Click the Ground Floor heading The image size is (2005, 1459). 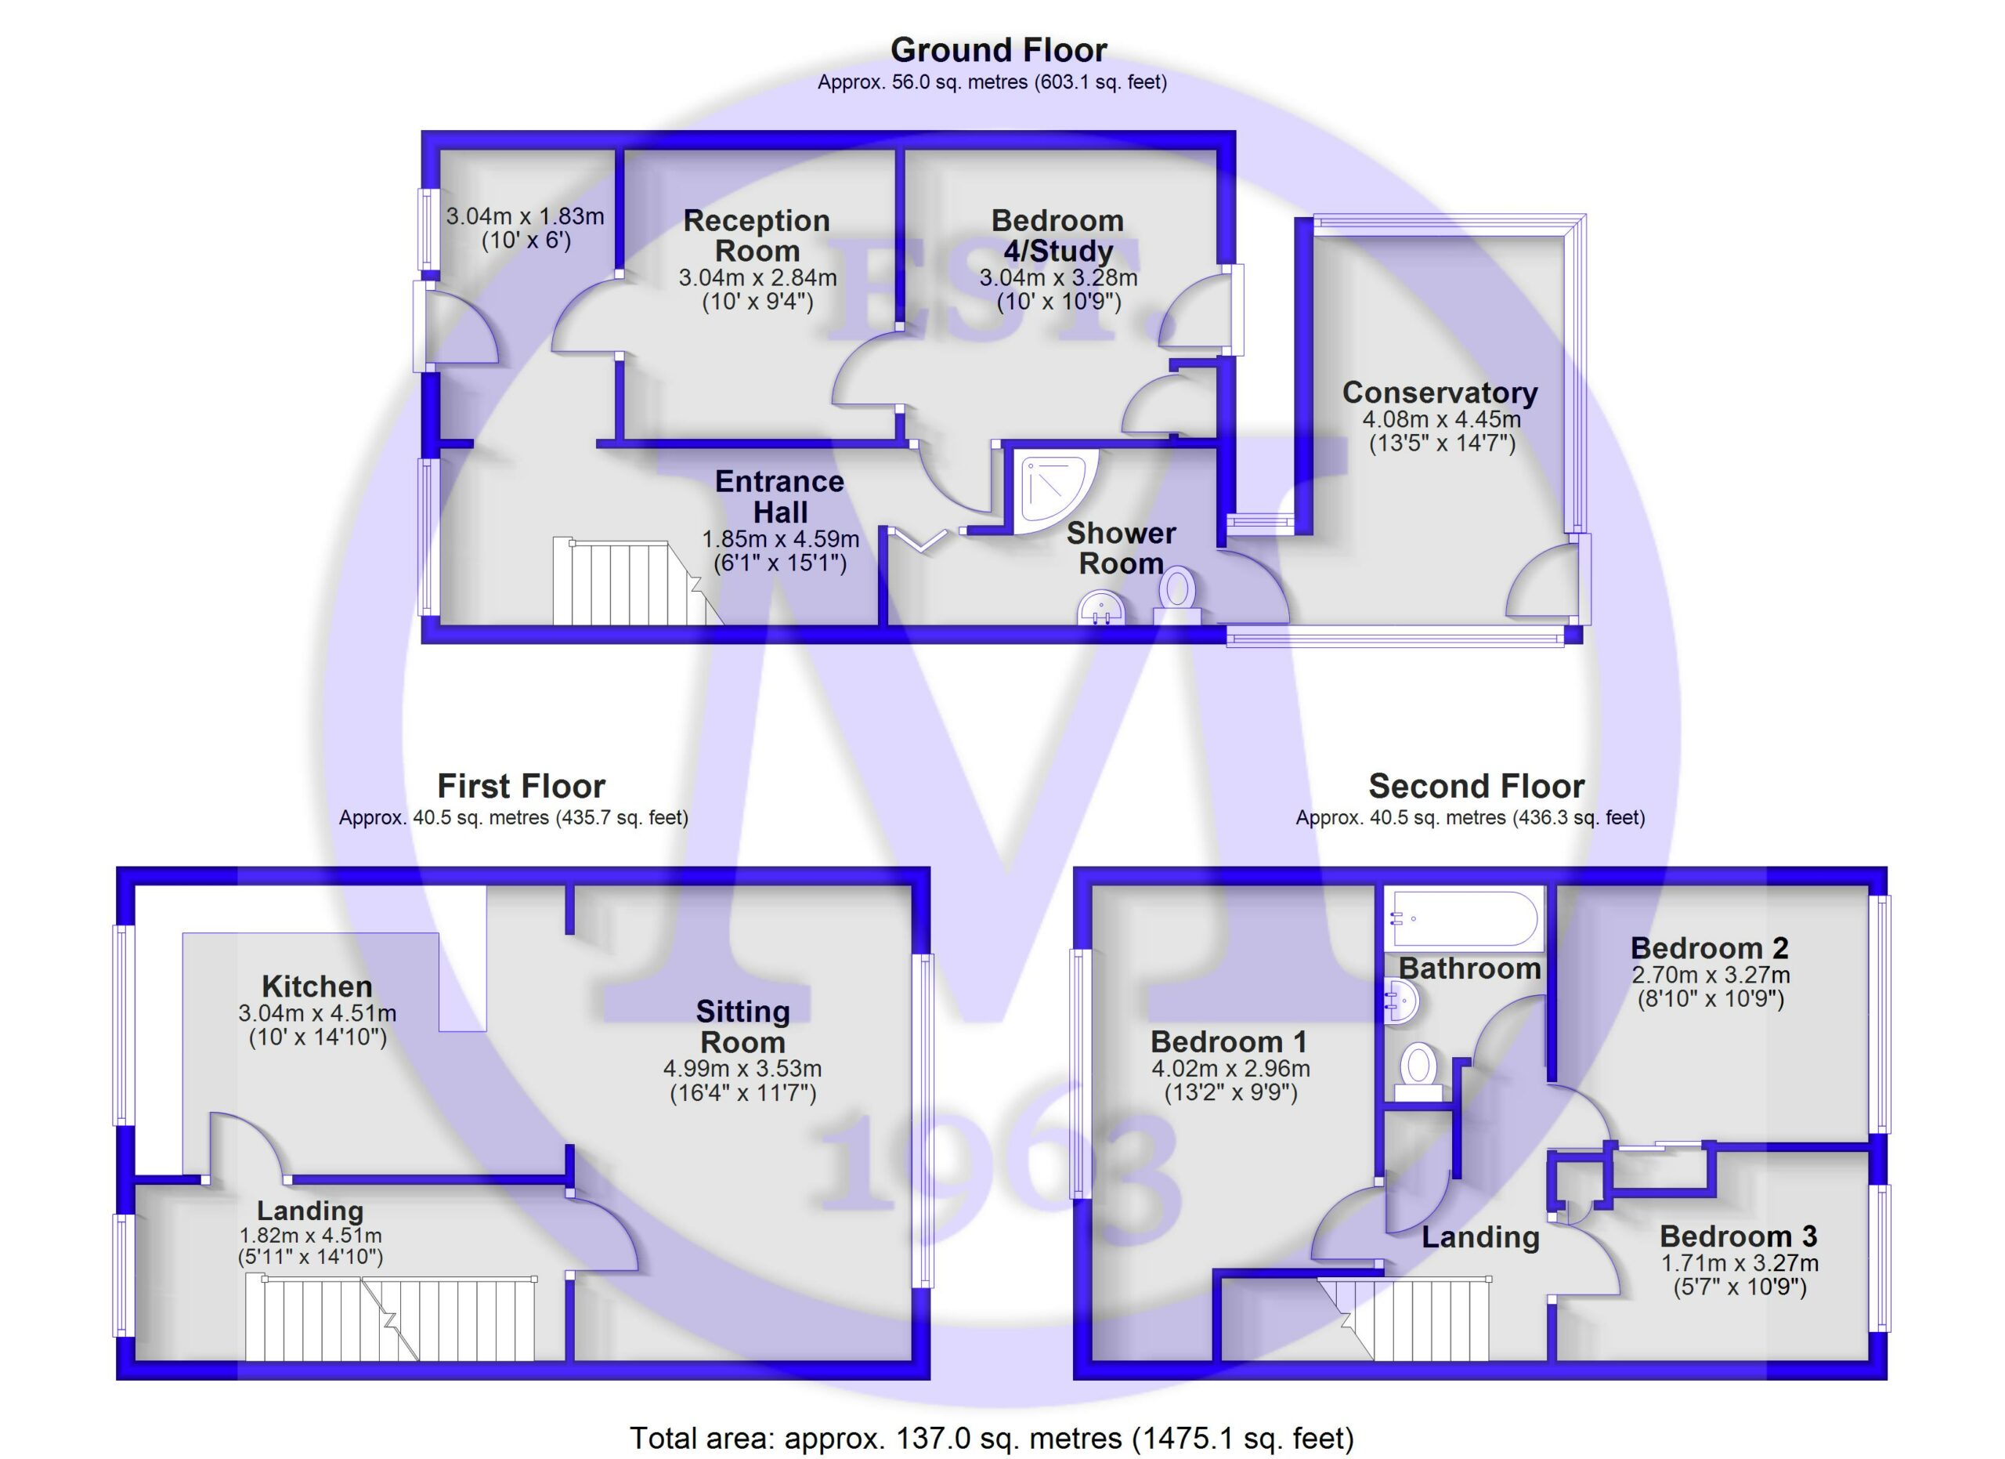(x=998, y=50)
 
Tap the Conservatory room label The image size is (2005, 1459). (x=1440, y=392)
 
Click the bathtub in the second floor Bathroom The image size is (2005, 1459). (x=1464, y=918)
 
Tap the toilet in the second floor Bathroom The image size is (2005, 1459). (x=1418, y=1072)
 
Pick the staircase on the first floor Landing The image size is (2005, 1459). (x=390, y=1316)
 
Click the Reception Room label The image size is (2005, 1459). (x=757, y=235)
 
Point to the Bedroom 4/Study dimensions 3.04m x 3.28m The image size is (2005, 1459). (x=1058, y=277)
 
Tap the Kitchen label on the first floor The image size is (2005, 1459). (x=316, y=986)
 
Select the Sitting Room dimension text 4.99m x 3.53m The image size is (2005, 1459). (x=742, y=1069)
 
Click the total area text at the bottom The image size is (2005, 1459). (x=991, y=1438)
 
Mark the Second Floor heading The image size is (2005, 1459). (x=1476, y=785)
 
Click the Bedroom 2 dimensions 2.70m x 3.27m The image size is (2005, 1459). (x=1711, y=976)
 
